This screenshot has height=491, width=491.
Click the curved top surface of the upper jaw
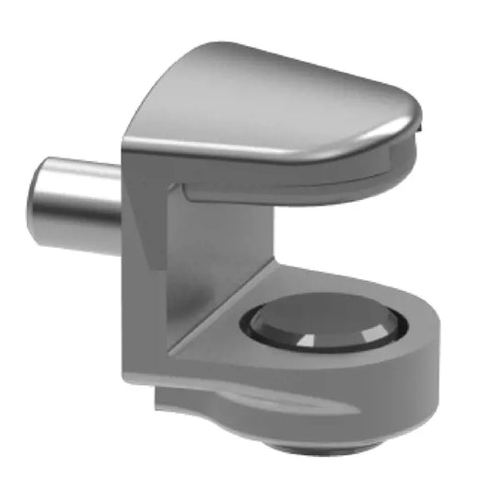[x=276, y=92]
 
